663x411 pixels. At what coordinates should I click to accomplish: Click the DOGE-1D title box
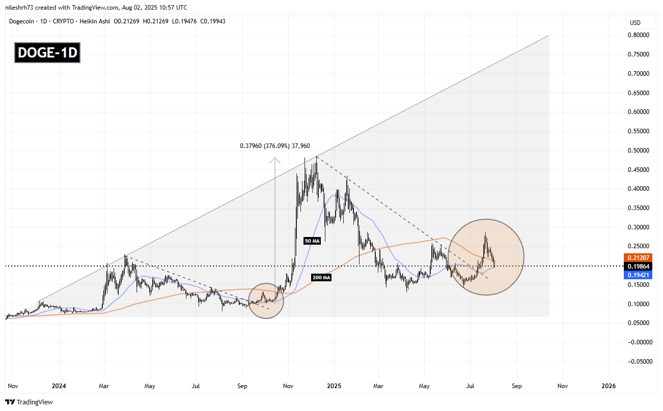(47, 53)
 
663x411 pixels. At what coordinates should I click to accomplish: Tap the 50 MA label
(312, 242)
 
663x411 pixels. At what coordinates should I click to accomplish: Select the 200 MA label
(322, 277)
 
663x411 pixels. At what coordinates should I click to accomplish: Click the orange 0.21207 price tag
(642, 258)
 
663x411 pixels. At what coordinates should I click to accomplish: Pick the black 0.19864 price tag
(642, 266)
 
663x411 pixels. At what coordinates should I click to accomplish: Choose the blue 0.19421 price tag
(642, 274)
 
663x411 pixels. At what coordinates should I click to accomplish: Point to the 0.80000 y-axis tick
(640, 35)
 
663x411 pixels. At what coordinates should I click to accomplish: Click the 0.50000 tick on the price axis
(640, 151)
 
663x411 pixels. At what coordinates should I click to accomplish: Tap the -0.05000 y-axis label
(639, 362)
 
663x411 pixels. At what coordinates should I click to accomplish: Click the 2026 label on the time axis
(609, 386)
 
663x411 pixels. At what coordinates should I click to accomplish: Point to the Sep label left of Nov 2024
(242, 386)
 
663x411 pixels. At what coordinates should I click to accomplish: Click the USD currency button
(635, 23)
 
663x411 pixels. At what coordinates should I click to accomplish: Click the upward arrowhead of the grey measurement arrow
(275, 160)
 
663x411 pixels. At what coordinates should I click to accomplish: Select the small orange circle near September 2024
(266, 301)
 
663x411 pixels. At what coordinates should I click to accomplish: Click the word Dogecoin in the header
(23, 21)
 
